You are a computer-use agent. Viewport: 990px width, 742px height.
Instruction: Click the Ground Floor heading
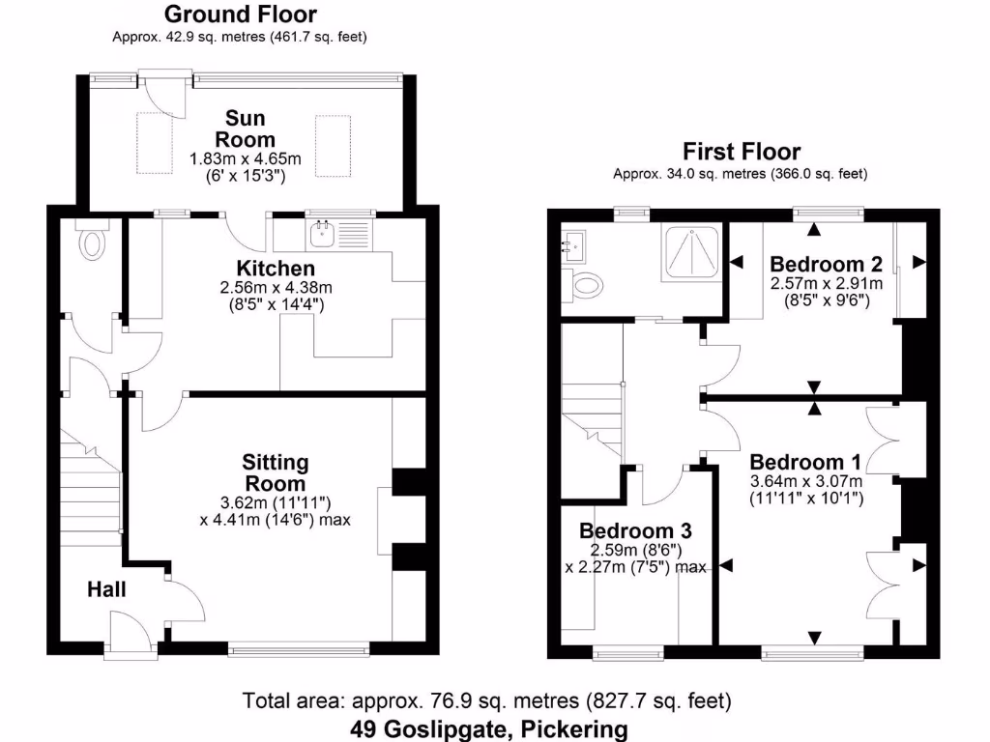pos(240,14)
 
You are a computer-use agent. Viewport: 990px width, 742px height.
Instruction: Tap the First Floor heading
pos(742,152)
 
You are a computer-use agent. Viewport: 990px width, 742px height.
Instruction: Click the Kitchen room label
pos(276,268)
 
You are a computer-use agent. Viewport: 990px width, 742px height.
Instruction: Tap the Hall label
pos(106,588)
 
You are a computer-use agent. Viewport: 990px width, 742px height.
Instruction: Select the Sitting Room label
pos(275,472)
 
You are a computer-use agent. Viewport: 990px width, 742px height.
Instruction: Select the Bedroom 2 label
pos(825,264)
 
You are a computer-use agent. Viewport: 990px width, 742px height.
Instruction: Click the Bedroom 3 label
pos(634,530)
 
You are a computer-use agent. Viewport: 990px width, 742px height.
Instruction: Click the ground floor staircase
pos(91,493)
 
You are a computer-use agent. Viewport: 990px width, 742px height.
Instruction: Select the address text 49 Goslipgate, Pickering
pos(488,728)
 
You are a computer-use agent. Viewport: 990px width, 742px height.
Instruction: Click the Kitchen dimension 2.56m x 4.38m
pos(276,288)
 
